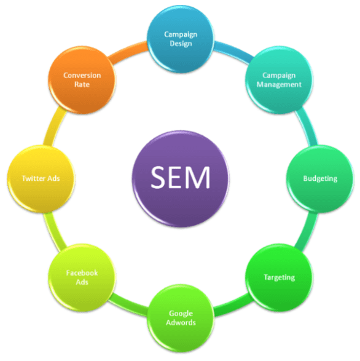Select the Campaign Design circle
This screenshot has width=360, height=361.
pos(180,39)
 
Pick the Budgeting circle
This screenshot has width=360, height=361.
pos(320,179)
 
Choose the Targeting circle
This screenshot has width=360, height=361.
pos(278,277)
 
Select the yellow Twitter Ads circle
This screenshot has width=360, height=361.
pos(40,178)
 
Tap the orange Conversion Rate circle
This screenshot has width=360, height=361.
pos(82,80)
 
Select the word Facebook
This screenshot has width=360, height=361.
pos(82,272)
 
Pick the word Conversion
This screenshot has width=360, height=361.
pos(82,76)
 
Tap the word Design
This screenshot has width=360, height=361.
pos(180,43)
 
